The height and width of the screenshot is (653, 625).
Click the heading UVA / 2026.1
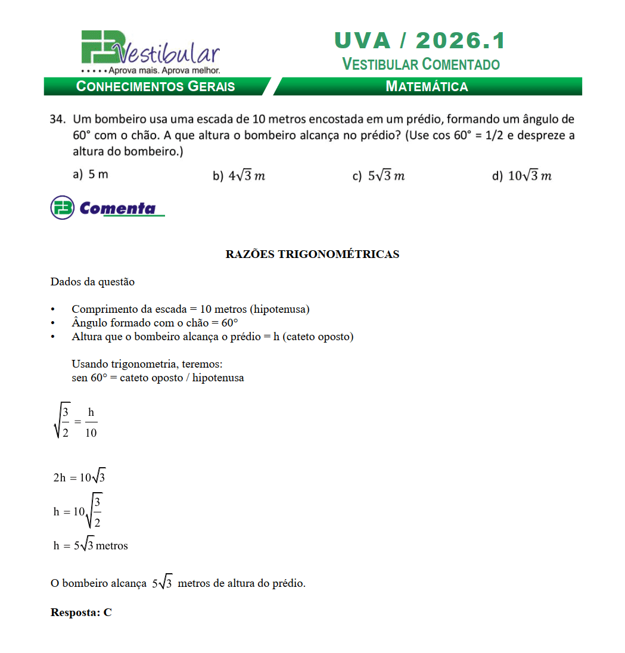(420, 41)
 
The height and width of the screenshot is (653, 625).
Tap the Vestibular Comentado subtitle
(421, 64)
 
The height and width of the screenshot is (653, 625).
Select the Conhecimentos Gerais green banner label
(156, 86)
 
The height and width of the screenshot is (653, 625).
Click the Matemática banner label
(427, 86)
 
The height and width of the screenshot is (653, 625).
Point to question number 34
(57, 119)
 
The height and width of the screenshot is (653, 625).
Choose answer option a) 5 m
(90, 175)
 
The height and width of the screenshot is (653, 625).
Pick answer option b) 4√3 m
(238, 176)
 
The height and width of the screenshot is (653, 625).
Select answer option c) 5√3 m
(378, 176)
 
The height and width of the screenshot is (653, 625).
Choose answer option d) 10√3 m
(521, 176)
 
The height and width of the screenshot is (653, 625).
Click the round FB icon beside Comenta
(63, 207)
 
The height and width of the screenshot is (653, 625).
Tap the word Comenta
(118, 208)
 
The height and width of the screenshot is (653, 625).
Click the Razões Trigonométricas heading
(312, 254)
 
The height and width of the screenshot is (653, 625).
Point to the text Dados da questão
(92, 282)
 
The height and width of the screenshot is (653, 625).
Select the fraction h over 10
(91, 422)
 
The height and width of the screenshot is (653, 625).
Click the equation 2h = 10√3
(79, 477)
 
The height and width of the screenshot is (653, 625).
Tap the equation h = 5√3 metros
(91, 545)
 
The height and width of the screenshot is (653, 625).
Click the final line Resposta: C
(81, 612)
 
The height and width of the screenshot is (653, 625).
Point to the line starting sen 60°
(157, 378)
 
